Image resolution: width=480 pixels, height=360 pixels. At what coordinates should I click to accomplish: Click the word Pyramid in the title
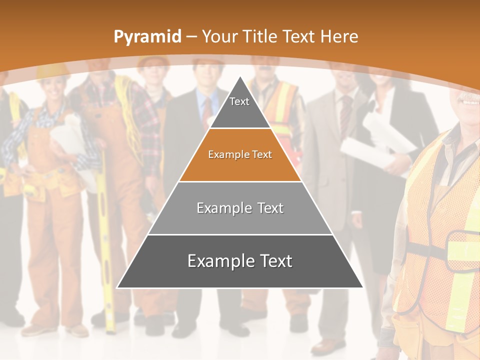pyautogui.click(x=147, y=37)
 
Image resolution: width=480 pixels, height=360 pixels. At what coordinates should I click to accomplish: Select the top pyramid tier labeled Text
pyautogui.click(x=239, y=107)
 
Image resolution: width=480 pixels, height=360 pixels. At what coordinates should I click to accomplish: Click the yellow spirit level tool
pyautogui.click(x=105, y=240)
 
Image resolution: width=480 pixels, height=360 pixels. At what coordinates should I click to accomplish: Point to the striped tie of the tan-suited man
pyautogui.click(x=345, y=115)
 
